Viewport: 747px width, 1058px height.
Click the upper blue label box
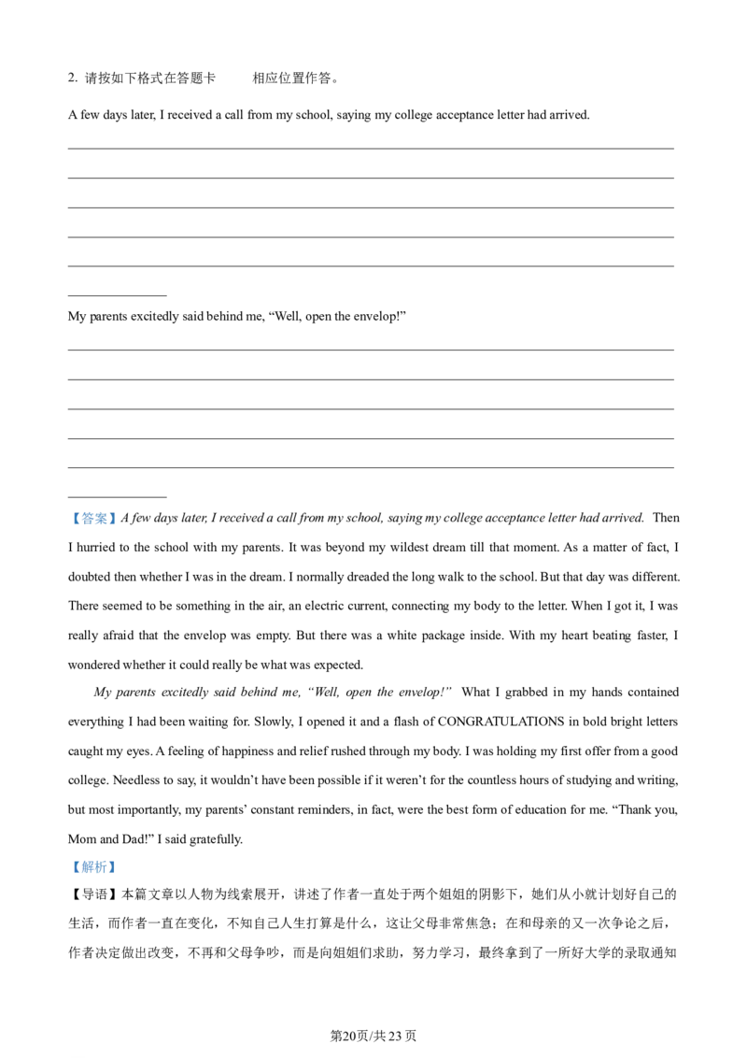point(93,520)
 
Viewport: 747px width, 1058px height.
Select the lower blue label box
point(93,867)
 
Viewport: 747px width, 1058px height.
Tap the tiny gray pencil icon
point(269,570)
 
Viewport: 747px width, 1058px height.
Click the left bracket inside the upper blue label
point(76,520)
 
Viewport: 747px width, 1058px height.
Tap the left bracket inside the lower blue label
point(76,867)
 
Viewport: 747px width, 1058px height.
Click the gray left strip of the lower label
point(69,867)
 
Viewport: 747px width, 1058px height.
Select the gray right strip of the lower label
point(118,867)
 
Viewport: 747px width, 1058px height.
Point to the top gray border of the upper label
point(93,510)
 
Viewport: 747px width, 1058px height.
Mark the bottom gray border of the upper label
point(93,529)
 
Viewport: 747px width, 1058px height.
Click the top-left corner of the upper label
point(68,510)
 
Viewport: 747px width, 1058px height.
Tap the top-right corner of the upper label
point(119,510)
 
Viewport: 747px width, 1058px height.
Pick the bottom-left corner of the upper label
point(68,530)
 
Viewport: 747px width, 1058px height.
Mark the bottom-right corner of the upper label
point(119,530)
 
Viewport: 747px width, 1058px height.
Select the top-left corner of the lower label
point(68,860)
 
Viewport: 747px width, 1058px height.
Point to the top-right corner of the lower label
point(119,860)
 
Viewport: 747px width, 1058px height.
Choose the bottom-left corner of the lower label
point(68,875)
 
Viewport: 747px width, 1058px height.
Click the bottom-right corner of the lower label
point(119,875)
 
